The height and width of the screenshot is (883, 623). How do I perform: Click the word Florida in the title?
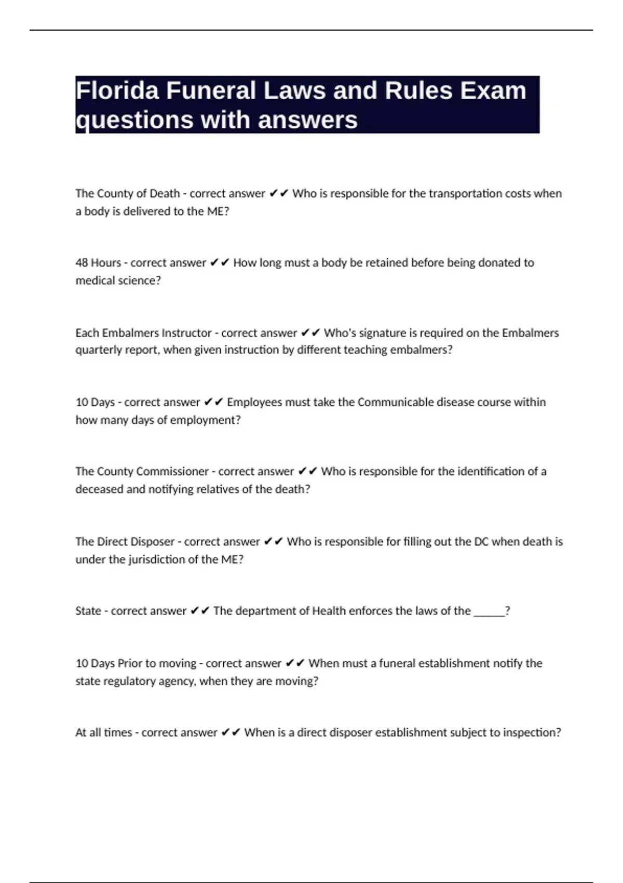(117, 91)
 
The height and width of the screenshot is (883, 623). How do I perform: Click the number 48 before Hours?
(82, 263)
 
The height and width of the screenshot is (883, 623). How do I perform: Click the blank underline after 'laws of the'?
(489, 611)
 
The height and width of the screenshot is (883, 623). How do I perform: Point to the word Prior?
(129, 663)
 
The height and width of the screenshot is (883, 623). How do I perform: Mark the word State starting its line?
(88, 611)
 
